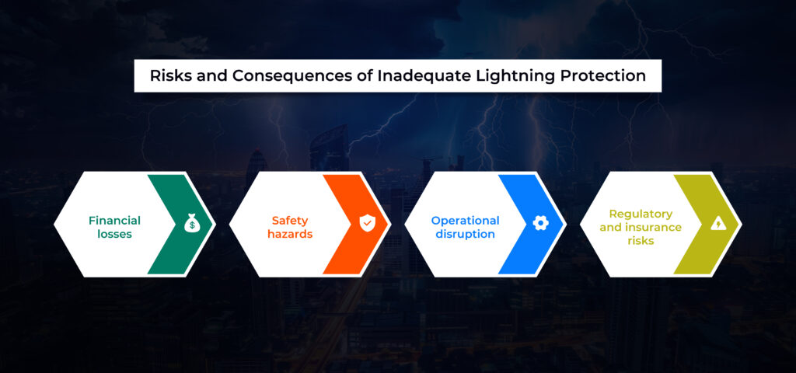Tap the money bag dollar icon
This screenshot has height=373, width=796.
click(x=191, y=224)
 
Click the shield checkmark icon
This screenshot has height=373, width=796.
click(x=366, y=224)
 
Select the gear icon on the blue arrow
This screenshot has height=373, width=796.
click(x=541, y=223)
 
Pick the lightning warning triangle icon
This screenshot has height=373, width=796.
click(x=717, y=223)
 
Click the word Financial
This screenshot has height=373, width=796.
click(x=115, y=220)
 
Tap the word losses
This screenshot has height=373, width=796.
click(x=115, y=235)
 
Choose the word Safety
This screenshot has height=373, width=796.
click(x=290, y=221)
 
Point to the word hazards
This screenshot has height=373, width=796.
click(x=290, y=235)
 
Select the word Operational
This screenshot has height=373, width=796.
click(x=466, y=221)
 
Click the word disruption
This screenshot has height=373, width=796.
click(x=466, y=235)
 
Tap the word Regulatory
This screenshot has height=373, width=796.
click(x=641, y=214)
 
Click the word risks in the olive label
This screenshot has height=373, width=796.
click(x=641, y=241)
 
